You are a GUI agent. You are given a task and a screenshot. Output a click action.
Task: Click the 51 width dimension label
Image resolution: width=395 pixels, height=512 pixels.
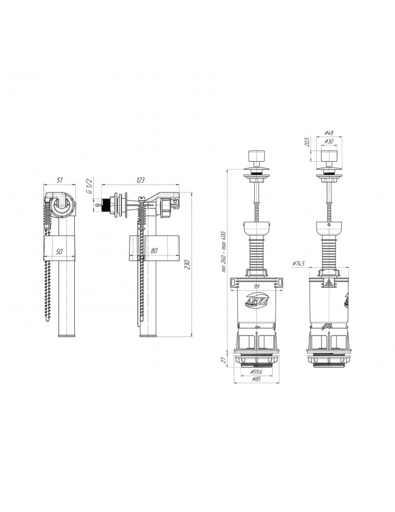[60, 180]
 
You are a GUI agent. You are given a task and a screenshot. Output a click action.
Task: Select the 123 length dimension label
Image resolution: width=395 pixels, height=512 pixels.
[140, 180]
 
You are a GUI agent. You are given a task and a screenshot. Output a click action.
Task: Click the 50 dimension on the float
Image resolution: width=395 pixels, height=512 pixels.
[60, 252]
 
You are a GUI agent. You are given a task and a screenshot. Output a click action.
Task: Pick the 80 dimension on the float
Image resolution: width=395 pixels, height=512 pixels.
[154, 251]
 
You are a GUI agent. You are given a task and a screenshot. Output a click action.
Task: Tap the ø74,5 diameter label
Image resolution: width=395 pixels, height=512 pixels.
[300, 263]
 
